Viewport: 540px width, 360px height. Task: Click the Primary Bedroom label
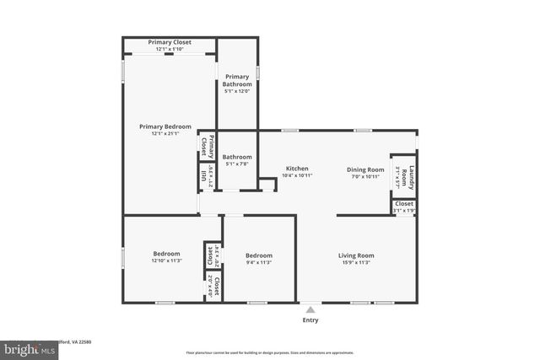[x=165, y=126]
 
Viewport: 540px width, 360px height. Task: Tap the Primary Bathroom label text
[x=237, y=81]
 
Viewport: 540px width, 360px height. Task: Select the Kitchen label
[x=296, y=168]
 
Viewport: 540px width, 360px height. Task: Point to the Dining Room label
[x=365, y=169]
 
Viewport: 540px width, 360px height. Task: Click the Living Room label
[x=356, y=255]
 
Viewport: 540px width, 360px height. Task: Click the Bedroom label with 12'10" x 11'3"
[x=166, y=255]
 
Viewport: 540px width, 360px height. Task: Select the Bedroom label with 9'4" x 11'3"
[x=258, y=255]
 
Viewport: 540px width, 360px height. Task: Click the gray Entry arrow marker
[x=310, y=310]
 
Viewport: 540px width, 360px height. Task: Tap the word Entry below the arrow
[x=310, y=320]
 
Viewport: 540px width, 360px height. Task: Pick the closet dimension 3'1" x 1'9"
[x=404, y=211]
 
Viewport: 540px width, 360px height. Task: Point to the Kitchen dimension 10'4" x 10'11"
[x=296, y=175]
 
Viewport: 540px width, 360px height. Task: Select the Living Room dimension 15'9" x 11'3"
[x=356, y=263]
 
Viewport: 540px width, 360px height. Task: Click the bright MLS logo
[x=25, y=347]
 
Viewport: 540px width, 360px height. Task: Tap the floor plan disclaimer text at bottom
[x=269, y=352]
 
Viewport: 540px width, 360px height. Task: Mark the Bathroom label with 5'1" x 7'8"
[x=237, y=157]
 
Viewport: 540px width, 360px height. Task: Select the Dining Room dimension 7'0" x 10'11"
[x=365, y=176]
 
